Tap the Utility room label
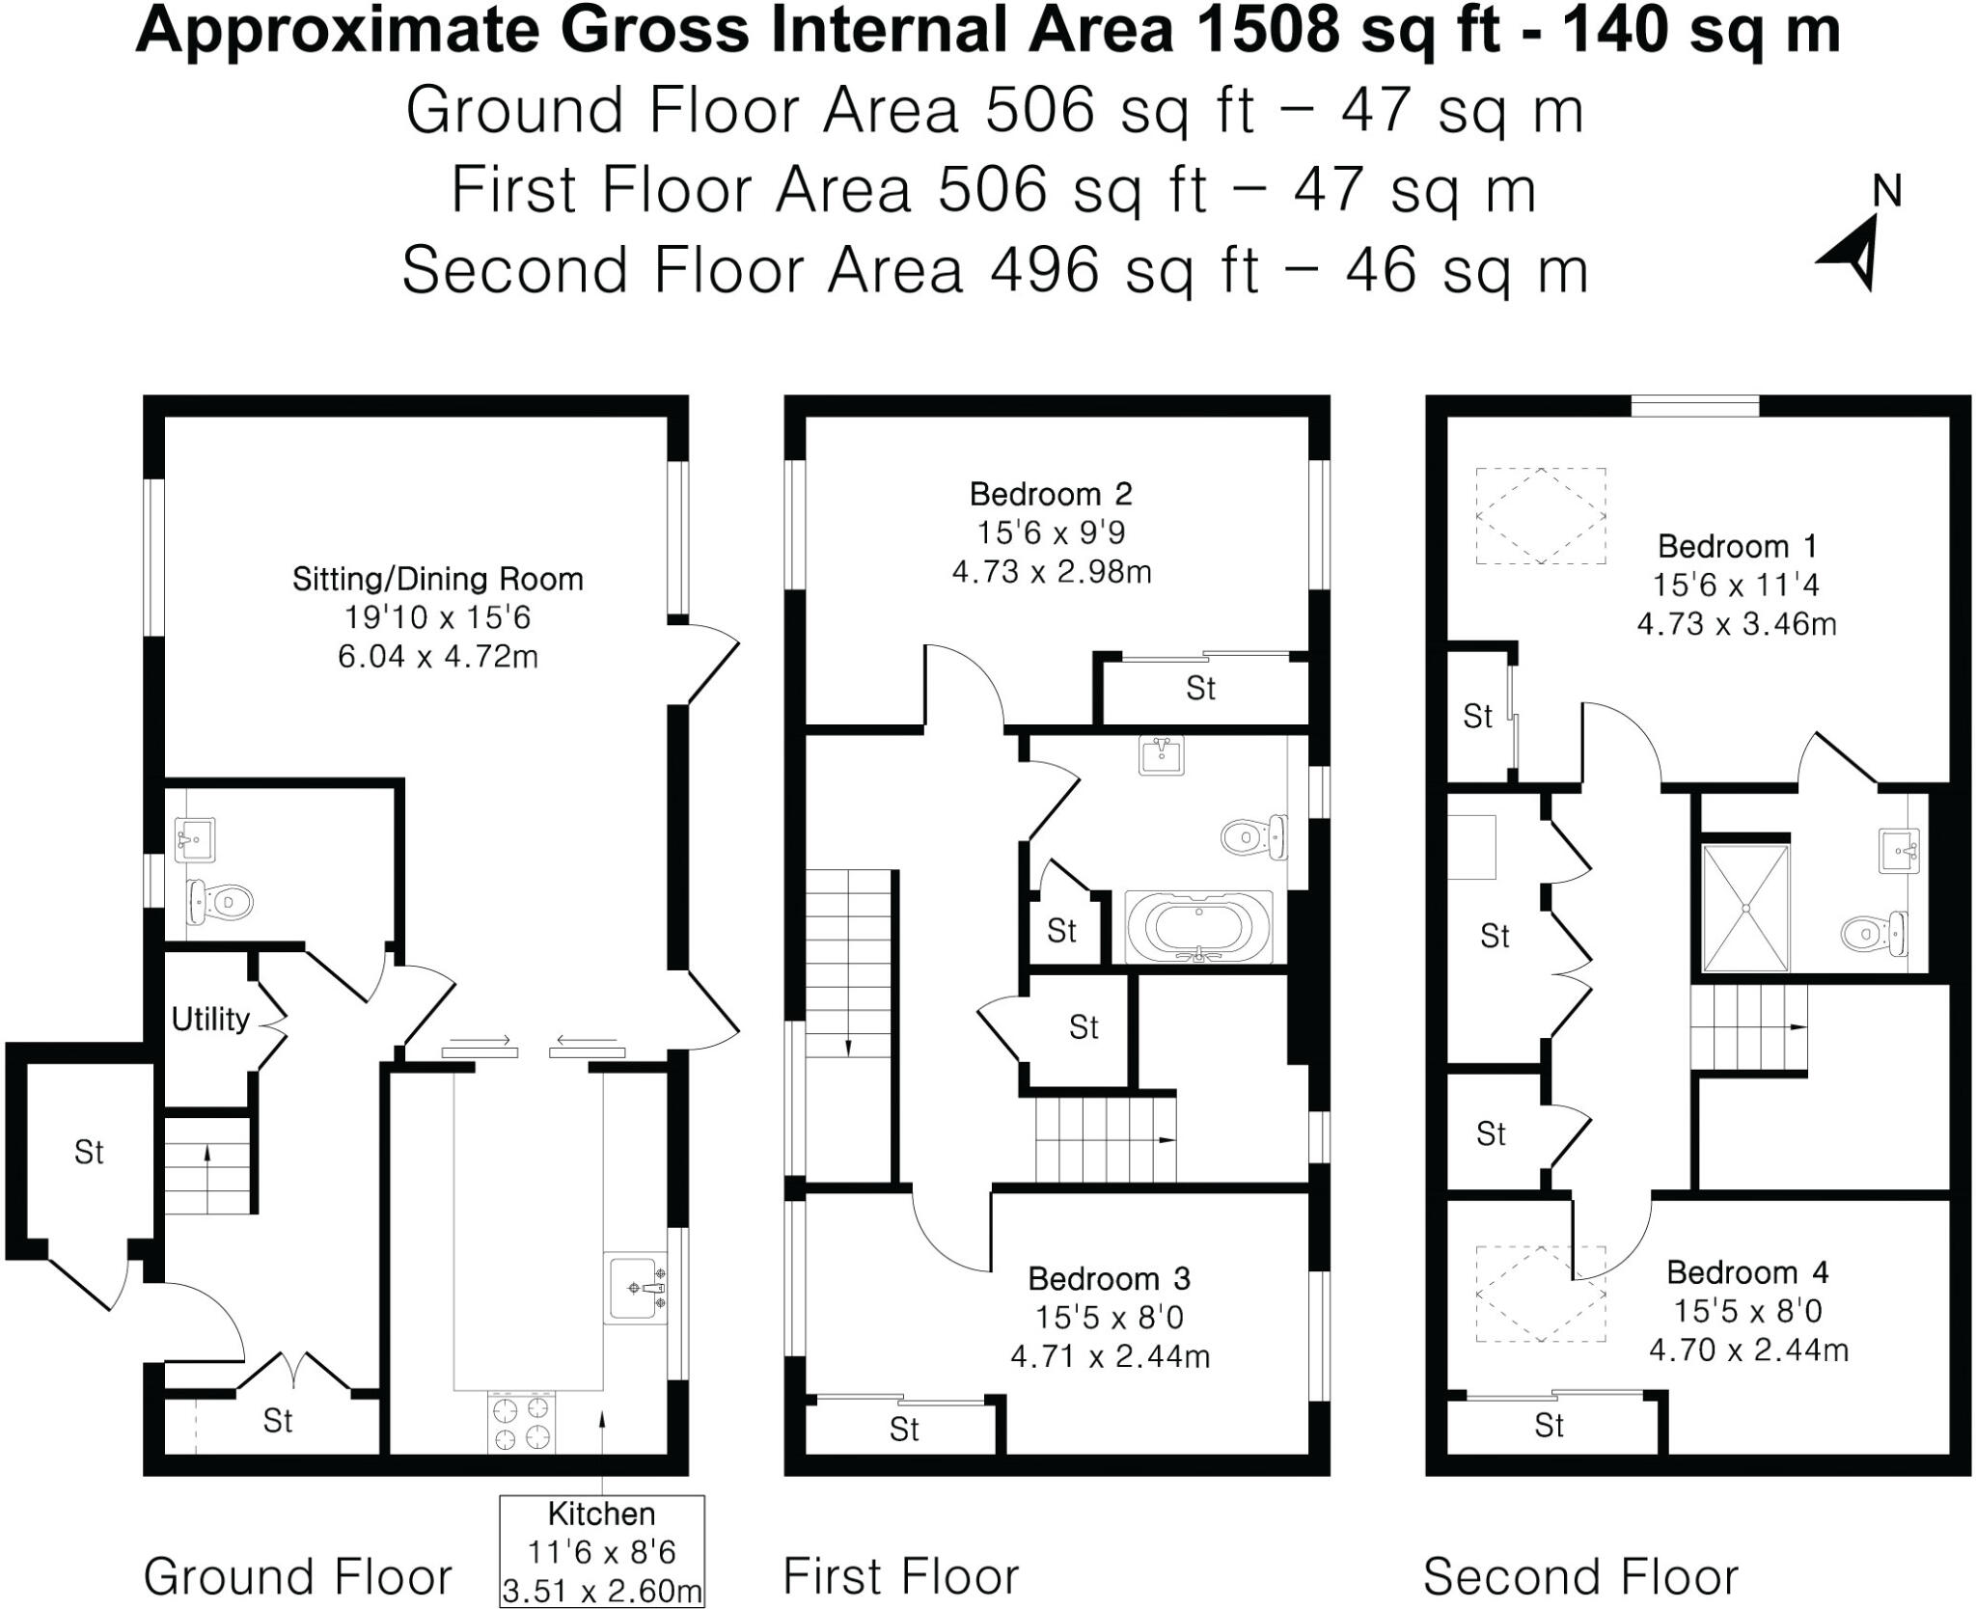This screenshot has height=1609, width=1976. (x=210, y=1019)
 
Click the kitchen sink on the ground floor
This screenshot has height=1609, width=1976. (x=635, y=1288)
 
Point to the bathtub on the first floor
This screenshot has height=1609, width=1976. (x=1198, y=927)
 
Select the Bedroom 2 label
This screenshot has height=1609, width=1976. (x=1051, y=494)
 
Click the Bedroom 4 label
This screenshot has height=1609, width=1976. (x=1746, y=1272)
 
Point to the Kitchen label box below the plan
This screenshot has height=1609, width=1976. (x=601, y=1551)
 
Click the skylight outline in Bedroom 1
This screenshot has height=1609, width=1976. (x=1540, y=515)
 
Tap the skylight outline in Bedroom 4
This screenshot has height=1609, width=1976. (x=1540, y=1293)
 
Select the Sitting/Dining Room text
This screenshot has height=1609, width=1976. (x=437, y=579)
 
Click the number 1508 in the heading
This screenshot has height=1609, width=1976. (x=1267, y=29)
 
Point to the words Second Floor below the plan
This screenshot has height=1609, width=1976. (x=1579, y=1576)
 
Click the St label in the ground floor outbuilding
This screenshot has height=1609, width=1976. (x=89, y=1152)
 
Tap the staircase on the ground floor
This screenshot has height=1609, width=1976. (x=206, y=1165)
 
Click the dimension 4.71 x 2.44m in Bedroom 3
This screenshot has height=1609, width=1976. (x=1110, y=1356)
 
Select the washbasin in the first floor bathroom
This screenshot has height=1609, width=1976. (x=1161, y=755)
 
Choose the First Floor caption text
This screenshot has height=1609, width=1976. (x=900, y=1576)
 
